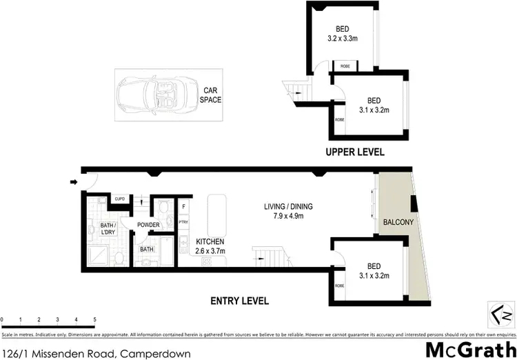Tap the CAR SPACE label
(210, 94)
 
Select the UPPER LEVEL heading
(356, 152)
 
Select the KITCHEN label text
(210, 241)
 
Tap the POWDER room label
(149, 225)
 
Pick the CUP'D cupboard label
(120, 199)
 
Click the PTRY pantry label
(183, 222)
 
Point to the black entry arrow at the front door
(74, 183)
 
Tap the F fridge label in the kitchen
(184, 206)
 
